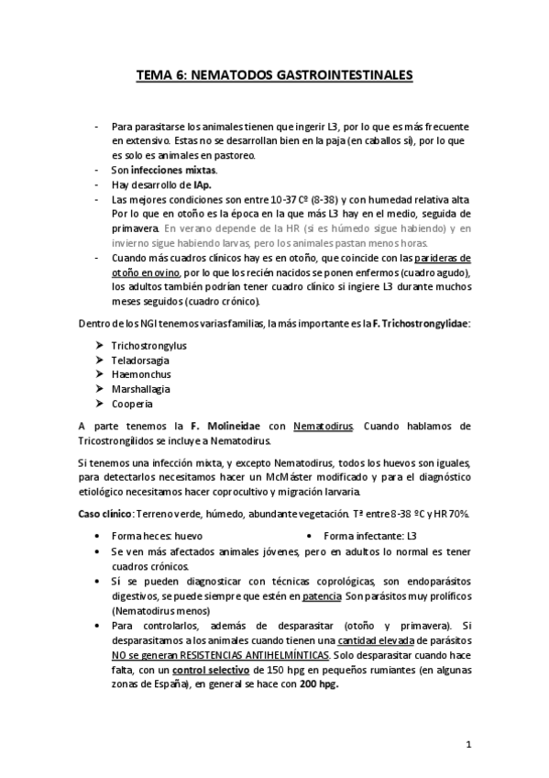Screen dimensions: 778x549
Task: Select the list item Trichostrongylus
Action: tap(148, 345)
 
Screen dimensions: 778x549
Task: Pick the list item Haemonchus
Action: tap(140, 374)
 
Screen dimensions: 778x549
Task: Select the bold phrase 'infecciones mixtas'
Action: tap(173, 171)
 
